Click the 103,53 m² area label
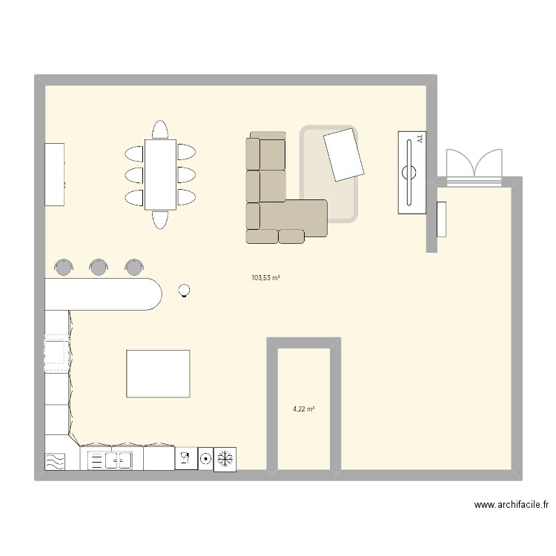[x=265, y=278]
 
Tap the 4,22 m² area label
[x=304, y=408]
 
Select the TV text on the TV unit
[x=420, y=139]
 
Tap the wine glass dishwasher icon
[x=185, y=459]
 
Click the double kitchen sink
[x=117, y=460]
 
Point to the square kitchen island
[x=158, y=374]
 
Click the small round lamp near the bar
[x=185, y=291]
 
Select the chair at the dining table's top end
[x=160, y=130]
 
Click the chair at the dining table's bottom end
[x=160, y=219]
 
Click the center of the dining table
[x=160, y=175]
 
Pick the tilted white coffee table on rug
[x=344, y=154]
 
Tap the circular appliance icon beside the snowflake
[x=205, y=459]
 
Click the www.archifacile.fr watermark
[x=512, y=505]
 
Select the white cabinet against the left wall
[x=55, y=174]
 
